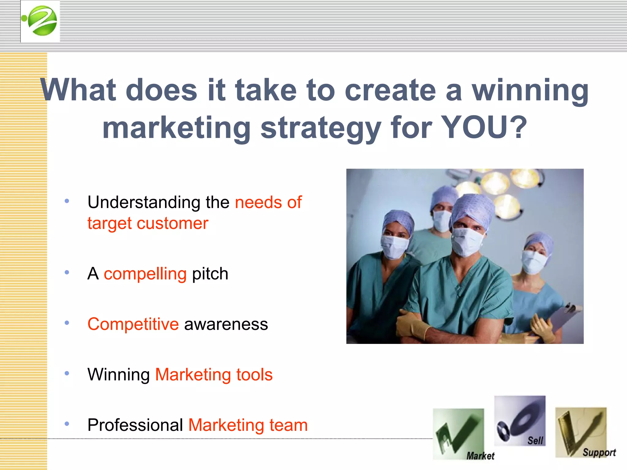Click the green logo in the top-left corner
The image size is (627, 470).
40,21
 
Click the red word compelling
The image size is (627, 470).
145,274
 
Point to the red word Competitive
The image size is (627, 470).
133,324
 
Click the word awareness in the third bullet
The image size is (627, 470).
226,324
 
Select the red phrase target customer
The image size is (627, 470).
148,223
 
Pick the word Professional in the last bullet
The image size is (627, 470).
135,425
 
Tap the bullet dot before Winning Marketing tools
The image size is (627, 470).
67,373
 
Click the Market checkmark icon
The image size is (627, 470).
458,434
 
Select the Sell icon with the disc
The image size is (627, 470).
520,421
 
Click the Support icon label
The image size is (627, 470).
599,452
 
